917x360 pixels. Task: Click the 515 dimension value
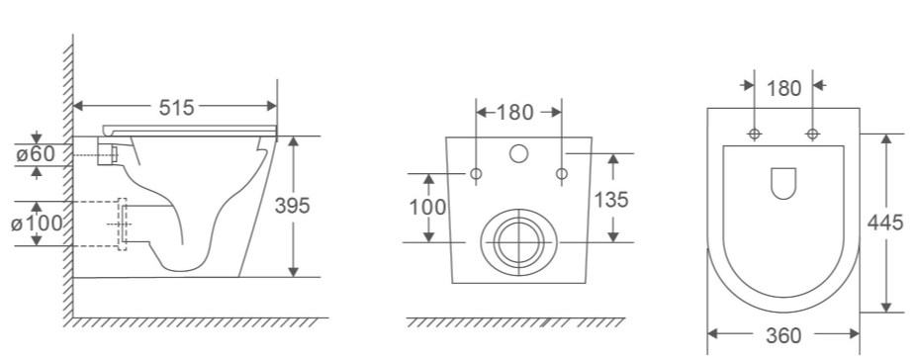click(x=176, y=107)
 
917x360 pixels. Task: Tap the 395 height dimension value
click(x=292, y=205)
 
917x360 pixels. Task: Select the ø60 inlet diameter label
click(x=36, y=154)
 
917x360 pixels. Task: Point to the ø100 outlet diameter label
click(x=37, y=224)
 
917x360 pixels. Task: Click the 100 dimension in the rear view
click(x=427, y=207)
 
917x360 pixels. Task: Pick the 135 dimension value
click(x=611, y=200)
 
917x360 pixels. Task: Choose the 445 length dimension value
click(x=885, y=223)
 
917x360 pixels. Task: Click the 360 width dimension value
click(x=783, y=335)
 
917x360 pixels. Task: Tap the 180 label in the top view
click(x=783, y=88)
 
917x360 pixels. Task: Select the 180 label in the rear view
click(x=514, y=112)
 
